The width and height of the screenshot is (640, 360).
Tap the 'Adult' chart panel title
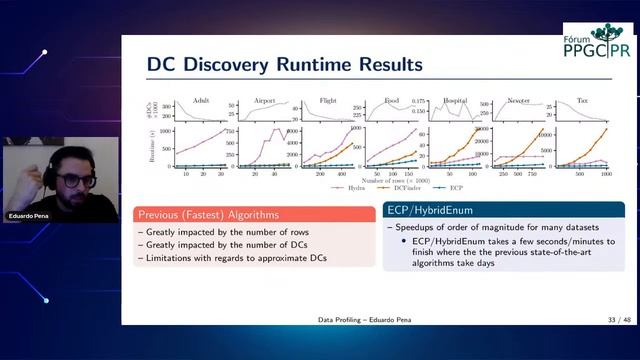point(200,100)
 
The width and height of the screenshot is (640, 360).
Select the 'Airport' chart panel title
point(264,100)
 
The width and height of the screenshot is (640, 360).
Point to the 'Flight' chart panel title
point(328,100)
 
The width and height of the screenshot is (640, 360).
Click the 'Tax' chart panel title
point(582,100)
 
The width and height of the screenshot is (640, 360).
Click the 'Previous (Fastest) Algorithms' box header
point(208,214)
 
